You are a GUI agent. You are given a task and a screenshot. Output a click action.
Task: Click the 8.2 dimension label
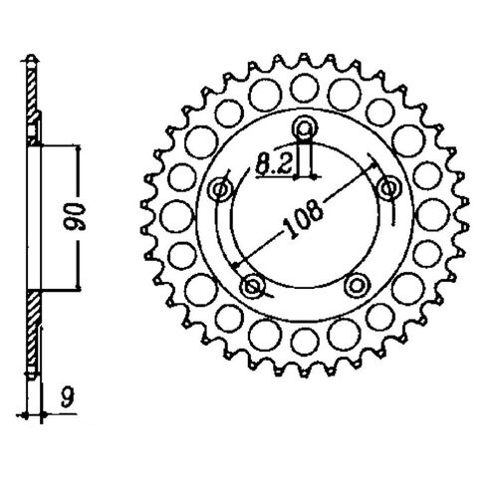pyautogui.click(x=274, y=164)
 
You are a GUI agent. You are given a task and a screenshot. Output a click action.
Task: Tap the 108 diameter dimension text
pyautogui.click(x=303, y=219)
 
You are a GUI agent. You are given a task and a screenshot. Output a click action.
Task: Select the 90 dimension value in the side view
pyautogui.click(x=75, y=217)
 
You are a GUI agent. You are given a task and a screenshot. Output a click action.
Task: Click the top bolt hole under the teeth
pyautogui.click(x=305, y=127)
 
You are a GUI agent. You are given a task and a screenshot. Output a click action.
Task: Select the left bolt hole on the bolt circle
pyautogui.click(x=220, y=190)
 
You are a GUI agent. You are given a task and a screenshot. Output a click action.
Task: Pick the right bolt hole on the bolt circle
pyautogui.click(x=388, y=188)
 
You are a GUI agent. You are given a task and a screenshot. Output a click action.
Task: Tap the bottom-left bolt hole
pyautogui.click(x=253, y=285)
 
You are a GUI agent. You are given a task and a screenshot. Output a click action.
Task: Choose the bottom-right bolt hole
pyautogui.click(x=357, y=285)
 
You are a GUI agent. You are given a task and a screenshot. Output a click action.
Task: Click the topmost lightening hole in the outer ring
pyautogui.click(x=305, y=88)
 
